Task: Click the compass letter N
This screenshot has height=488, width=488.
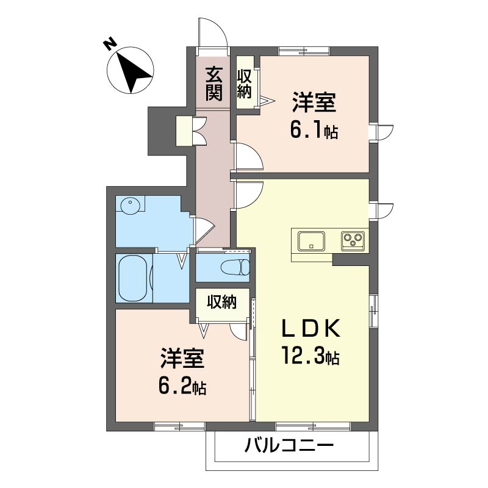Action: [x=110, y=44]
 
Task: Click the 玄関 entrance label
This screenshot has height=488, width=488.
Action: [x=214, y=84]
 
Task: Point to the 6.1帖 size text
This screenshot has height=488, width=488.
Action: [x=314, y=131]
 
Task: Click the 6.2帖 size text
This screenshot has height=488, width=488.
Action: [x=182, y=387]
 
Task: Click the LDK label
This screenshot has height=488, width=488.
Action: [x=310, y=329]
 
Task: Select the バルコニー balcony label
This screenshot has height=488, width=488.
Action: [x=289, y=446]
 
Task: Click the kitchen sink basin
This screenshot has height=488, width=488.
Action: [x=311, y=241]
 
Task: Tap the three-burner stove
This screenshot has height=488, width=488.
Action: [x=353, y=241]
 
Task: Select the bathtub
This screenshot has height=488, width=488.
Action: [x=133, y=279]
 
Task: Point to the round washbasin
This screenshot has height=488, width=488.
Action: [x=130, y=206]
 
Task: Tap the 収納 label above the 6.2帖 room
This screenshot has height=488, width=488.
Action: [x=222, y=302]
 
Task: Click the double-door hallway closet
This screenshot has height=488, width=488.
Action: [x=191, y=131]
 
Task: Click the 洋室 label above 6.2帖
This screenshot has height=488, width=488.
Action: [x=182, y=358]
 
